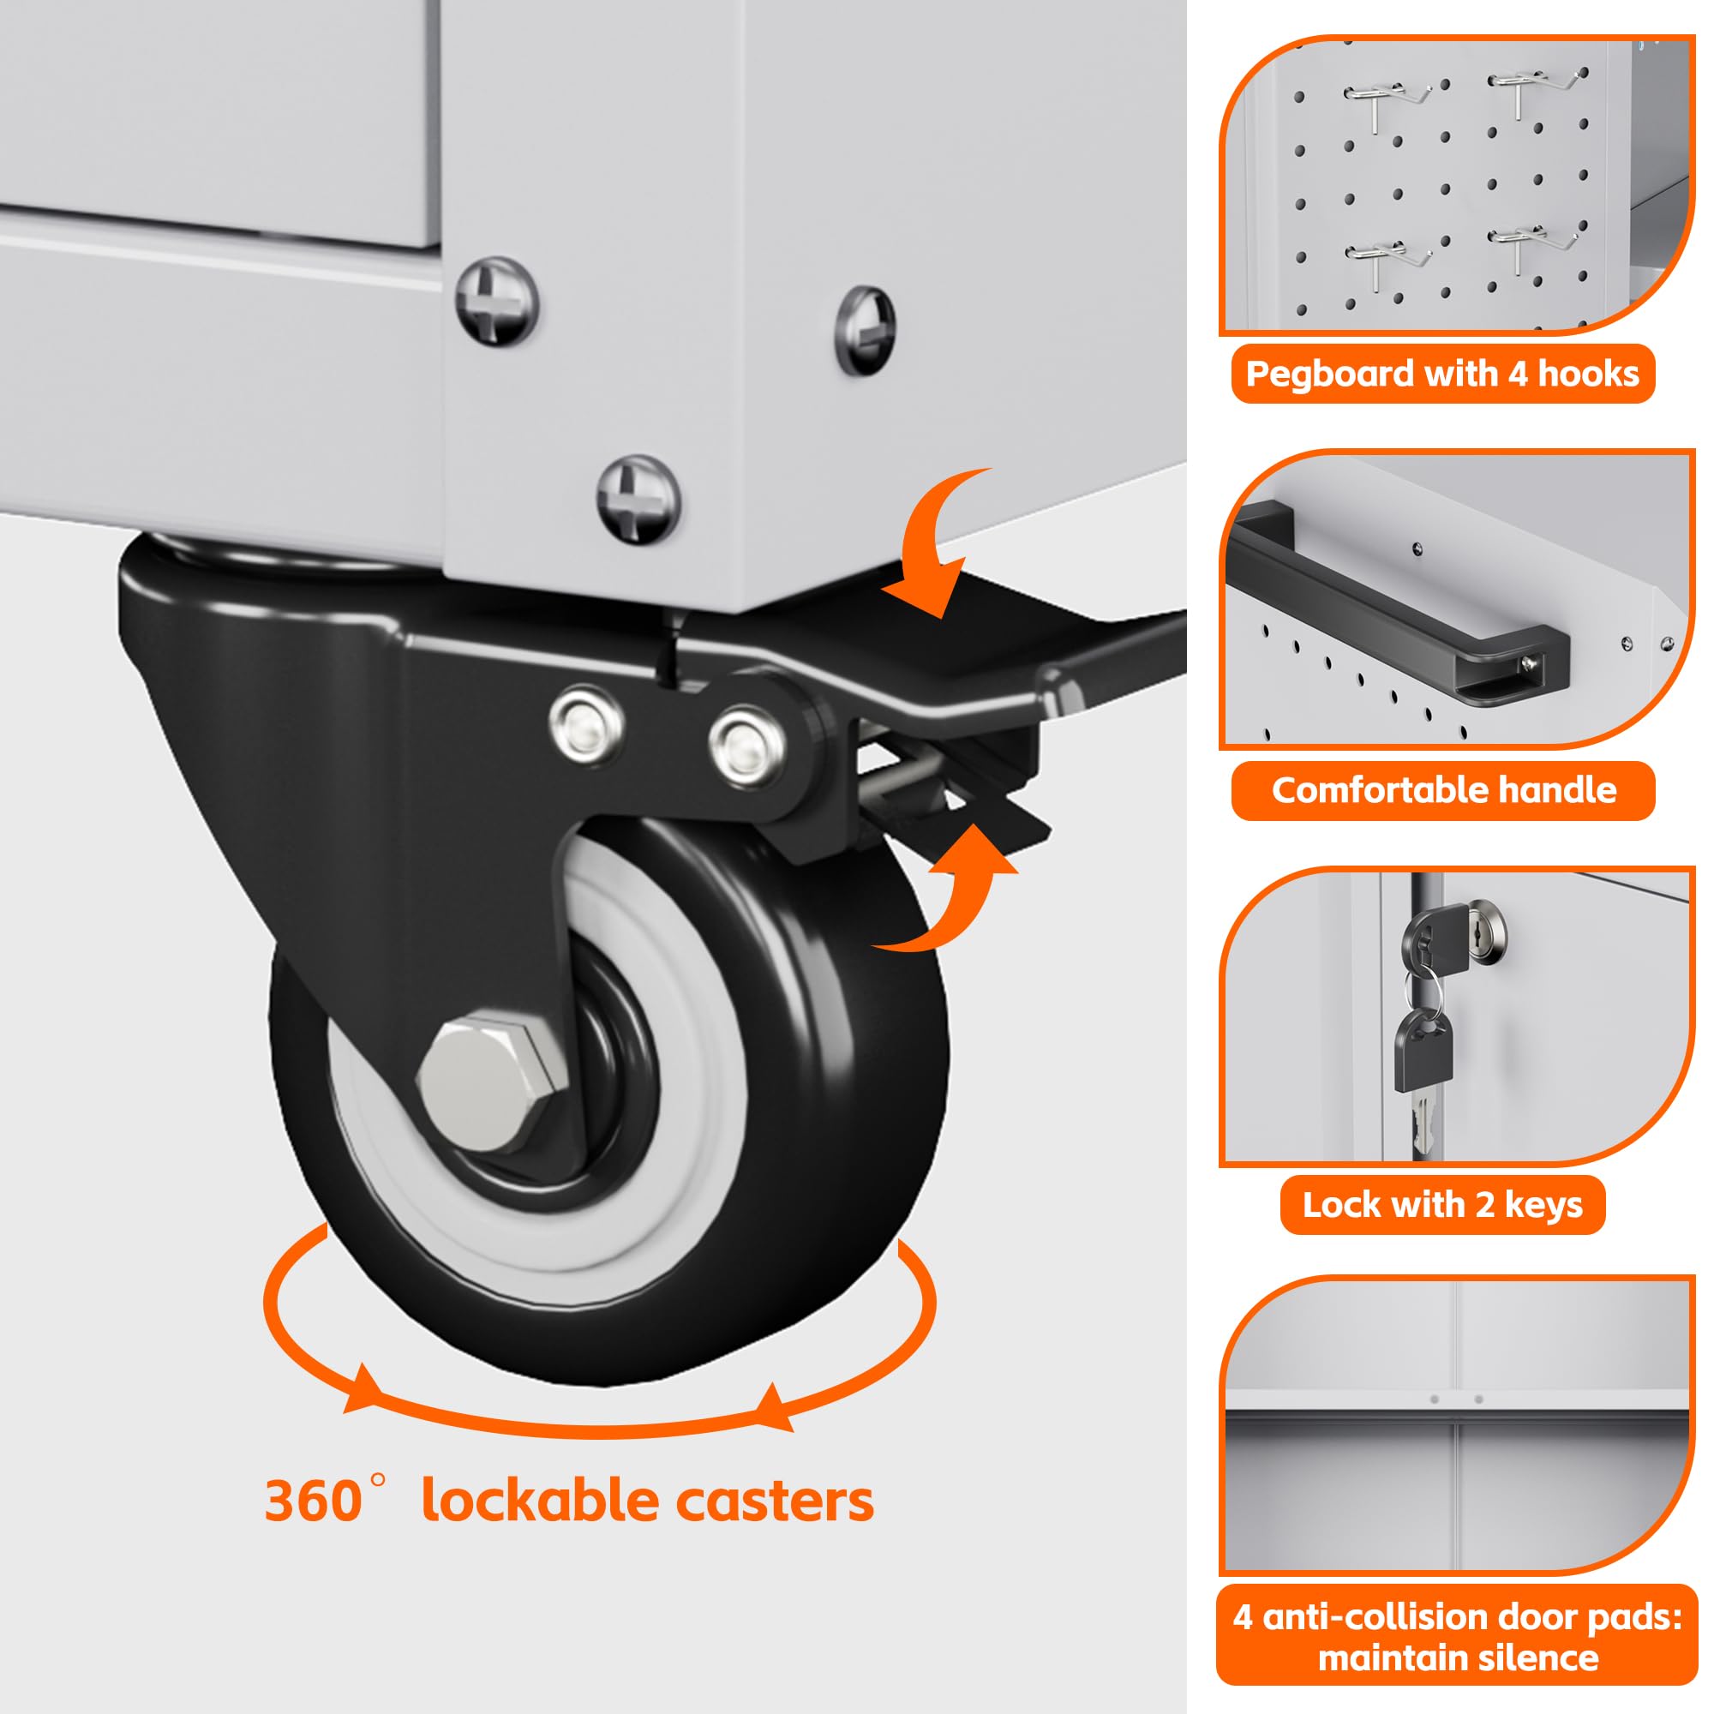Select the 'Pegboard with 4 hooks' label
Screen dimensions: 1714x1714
(1442, 374)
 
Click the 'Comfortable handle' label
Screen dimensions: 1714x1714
(1443, 789)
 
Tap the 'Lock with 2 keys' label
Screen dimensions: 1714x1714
(1442, 1205)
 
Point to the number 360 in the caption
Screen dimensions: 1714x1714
(312, 1501)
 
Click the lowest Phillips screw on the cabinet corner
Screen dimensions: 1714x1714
(638, 499)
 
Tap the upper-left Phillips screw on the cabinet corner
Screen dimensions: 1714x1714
(497, 302)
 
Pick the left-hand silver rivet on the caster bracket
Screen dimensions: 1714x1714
(586, 723)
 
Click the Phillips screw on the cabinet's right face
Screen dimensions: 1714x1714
(866, 330)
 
